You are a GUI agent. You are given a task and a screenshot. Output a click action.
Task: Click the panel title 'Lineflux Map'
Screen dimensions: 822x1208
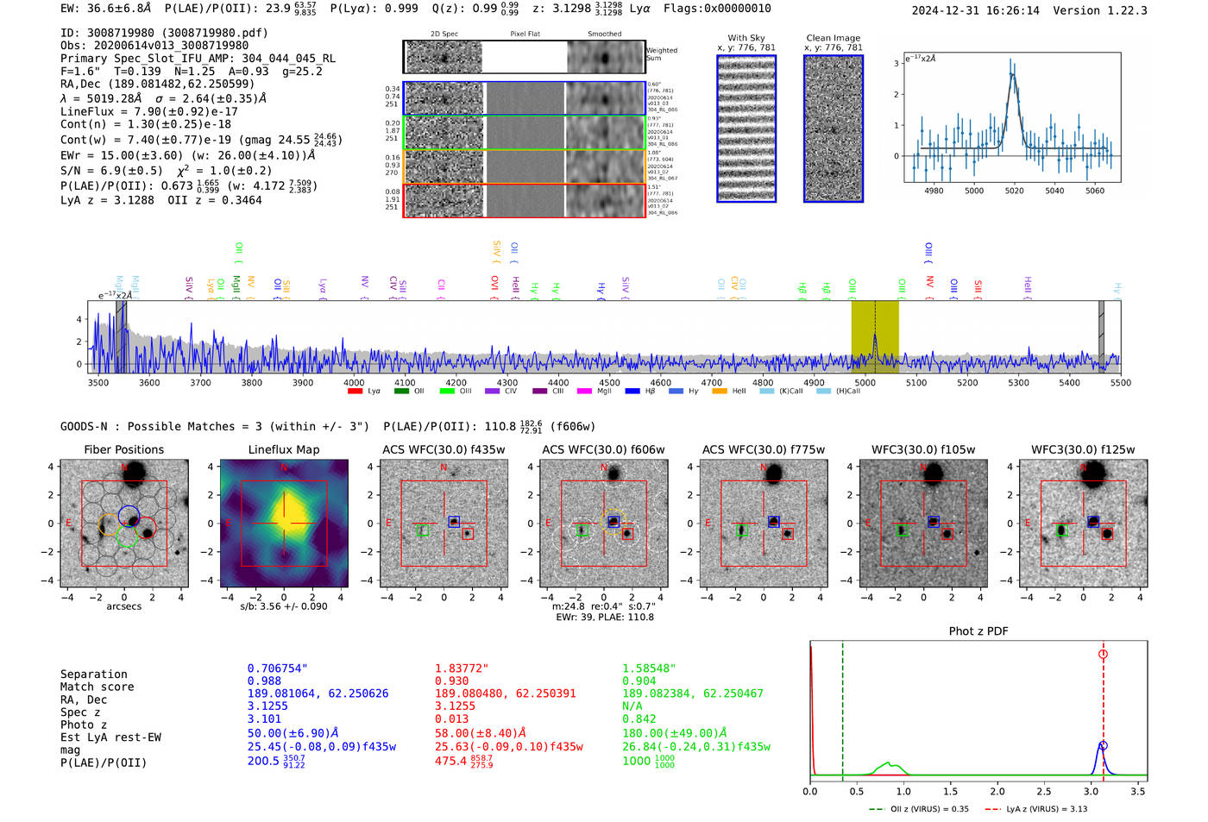(x=284, y=449)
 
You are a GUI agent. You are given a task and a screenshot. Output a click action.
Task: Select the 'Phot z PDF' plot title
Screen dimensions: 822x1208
(x=978, y=631)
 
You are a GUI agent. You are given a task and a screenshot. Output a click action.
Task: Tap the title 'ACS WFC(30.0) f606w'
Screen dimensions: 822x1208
(x=603, y=449)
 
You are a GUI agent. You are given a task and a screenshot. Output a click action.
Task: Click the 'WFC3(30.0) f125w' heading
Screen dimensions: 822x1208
(x=1083, y=449)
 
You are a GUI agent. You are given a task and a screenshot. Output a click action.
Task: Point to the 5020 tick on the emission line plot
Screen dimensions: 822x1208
(x=1014, y=191)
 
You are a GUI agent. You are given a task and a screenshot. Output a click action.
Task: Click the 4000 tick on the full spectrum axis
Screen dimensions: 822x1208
(x=354, y=383)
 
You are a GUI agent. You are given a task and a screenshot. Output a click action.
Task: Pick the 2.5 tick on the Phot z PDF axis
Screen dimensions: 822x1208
(x=1044, y=791)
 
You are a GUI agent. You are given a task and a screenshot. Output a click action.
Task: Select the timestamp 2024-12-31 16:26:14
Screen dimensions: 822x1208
(x=975, y=10)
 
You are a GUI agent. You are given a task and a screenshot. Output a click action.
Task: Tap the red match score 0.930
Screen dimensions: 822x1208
(x=452, y=681)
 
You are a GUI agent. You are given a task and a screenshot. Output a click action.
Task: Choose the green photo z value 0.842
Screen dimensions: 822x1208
(x=639, y=719)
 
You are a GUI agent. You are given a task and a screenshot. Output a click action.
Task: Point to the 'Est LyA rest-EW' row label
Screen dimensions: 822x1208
(x=110, y=737)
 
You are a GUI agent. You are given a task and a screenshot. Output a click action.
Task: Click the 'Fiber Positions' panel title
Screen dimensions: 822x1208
(x=123, y=449)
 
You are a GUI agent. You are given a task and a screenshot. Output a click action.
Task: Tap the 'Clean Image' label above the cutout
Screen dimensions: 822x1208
(x=833, y=38)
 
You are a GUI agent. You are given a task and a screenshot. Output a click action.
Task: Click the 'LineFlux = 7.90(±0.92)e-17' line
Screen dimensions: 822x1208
(x=149, y=111)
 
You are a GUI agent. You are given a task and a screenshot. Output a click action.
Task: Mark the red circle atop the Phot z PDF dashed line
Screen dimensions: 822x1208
(x=1103, y=655)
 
